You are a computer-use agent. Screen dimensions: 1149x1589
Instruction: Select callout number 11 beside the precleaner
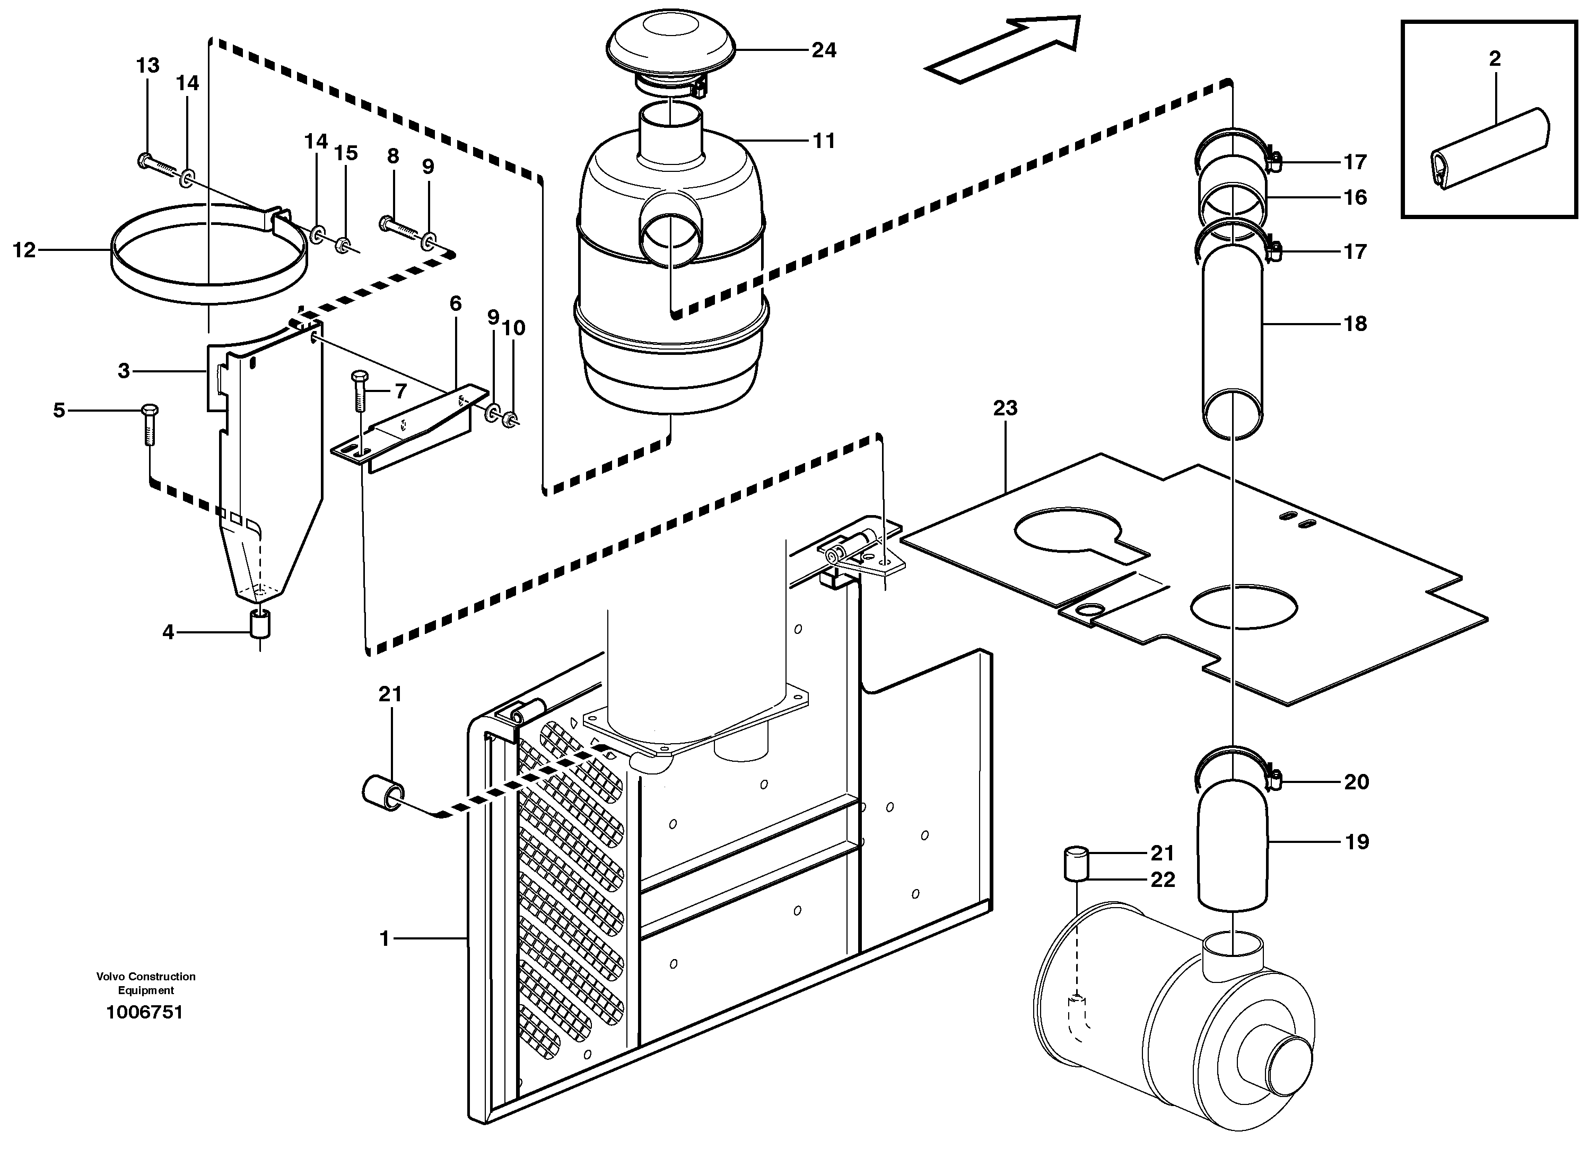pos(824,141)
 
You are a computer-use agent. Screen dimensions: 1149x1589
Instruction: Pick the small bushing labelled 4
pos(260,623)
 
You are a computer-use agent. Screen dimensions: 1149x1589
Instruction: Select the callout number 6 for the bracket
pos(456,303)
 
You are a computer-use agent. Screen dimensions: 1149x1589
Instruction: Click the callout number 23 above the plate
pos(1005,408)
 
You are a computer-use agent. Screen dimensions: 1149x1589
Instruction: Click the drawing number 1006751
pos(144,1012)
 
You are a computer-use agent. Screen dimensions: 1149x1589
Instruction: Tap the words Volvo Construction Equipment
pos(146,983)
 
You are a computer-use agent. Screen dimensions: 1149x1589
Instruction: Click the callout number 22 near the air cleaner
pos(1163,880)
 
